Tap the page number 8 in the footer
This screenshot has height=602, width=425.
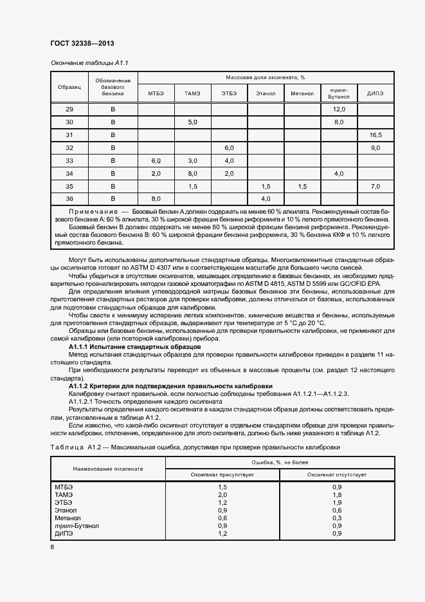(53, 547)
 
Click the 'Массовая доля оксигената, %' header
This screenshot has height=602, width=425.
(265, 77)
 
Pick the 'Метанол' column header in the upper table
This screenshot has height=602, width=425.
(302, 94)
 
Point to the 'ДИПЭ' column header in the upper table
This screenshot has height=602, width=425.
(375, 94)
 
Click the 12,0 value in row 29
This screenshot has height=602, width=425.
(339, 109)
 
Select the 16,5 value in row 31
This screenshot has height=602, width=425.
(375, 135)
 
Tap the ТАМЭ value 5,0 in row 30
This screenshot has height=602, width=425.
(192, 122)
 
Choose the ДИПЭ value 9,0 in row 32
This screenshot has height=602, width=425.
(375, 148)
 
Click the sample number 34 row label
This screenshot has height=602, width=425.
(69, 174)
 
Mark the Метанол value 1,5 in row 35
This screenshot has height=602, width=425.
(302, 186)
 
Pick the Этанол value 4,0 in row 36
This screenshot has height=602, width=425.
(266, 199)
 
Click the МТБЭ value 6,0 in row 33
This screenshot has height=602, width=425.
(156, 161)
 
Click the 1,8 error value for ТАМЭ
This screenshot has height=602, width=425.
(337, 494)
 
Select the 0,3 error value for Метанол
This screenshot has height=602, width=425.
(337, 518)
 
